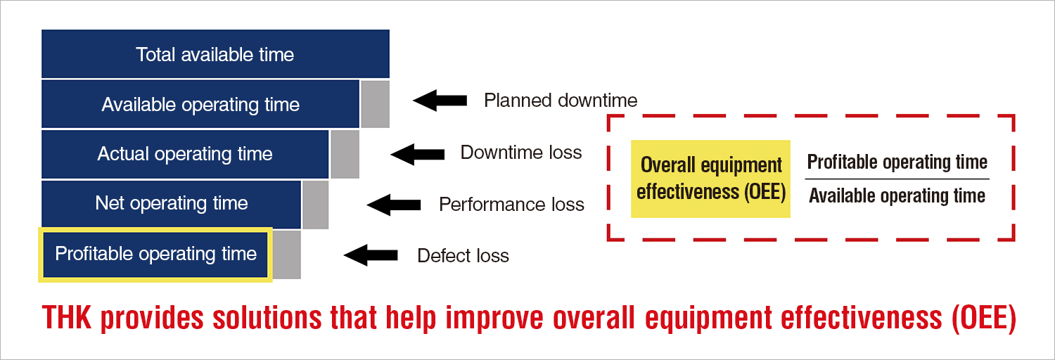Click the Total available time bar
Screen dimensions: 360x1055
click(x=215, y=54)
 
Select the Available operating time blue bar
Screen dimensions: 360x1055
click(x=200, y=104)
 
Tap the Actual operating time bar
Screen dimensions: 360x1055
click(x=185, y=154)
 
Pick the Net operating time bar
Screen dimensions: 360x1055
click(x=172, y=204)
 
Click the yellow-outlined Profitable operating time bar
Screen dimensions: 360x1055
click(x=155, y=254)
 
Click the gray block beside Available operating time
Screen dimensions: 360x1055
click(x=375, y=104)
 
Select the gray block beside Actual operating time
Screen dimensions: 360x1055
click(x=345, y=154)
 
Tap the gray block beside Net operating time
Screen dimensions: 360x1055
click(x=316, y=205)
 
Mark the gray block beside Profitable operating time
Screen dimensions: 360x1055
click(x=287, y=255)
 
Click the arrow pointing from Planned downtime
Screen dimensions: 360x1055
click(x=440, y=101)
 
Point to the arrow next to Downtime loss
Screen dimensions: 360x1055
click(x=417, y=153)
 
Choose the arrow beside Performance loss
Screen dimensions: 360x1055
click(x=394, y=205)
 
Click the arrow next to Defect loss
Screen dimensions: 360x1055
click(x=371, y=255)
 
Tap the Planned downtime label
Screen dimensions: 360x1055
click(x=561, y=101)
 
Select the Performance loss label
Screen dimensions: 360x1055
click(x=511, y=205)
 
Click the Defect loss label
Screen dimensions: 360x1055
click(x=463, y=255)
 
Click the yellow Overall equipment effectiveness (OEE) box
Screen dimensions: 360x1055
click(x=711, y=179)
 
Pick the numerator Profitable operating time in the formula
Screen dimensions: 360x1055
click(x=897, y=162)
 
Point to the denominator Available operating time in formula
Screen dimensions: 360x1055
click(x=897, y=196)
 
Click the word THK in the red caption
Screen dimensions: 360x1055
click(x=68, y=319)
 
